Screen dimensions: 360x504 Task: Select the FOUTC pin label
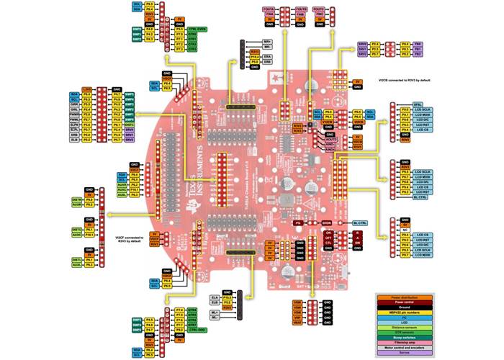318,8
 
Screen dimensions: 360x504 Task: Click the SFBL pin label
418,106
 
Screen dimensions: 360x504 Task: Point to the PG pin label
297,223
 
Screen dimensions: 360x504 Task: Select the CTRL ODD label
194,330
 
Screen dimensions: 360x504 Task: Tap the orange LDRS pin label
86,86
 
